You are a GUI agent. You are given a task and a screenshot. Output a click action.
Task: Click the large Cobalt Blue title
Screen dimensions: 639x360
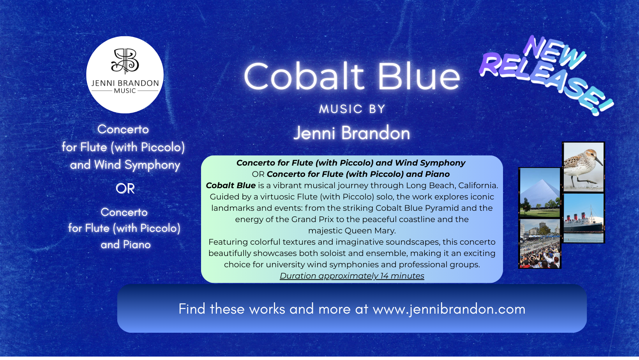tap(352, 76)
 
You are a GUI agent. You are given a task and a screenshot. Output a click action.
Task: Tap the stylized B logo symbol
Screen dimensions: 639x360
tap(125, 60)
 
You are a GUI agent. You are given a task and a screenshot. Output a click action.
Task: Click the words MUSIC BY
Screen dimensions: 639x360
tap(352, 109)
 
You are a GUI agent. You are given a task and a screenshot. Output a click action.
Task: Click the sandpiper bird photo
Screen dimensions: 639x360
tap(583, 167)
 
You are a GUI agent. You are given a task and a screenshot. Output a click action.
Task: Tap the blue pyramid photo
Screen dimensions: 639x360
tap(540, 192)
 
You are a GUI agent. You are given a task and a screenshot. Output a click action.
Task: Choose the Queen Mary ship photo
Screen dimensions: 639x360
tap(583, 218)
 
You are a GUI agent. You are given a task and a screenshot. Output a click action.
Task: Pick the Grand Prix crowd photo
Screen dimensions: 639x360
tap(540, 244)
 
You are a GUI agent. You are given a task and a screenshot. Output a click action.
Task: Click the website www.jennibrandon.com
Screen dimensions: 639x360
tap(449, 309)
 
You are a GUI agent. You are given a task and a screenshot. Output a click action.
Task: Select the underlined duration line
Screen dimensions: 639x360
tap(352, 276)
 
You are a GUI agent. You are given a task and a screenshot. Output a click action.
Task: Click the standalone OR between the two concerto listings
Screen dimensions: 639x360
tap(125, 189)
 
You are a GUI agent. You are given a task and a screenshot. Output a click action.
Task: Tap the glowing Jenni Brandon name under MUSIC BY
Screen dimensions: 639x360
tap(352, 133)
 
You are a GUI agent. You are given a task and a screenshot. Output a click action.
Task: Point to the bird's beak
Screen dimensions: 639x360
tap(598, 161)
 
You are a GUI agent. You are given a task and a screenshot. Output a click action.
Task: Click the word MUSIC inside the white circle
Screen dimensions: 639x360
tap(125, 91)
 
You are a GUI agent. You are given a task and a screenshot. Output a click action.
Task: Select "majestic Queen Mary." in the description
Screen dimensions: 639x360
tap(352, 231)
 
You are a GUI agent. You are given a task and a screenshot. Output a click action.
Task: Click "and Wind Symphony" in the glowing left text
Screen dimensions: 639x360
tap(125, 165)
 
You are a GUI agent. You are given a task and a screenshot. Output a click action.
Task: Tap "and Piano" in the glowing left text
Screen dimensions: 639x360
tap(125, 245)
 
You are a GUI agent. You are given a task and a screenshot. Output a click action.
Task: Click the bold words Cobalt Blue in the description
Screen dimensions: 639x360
tap(231, 185)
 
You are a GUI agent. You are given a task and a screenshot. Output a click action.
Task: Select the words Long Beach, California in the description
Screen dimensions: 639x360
tap(452, 186)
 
